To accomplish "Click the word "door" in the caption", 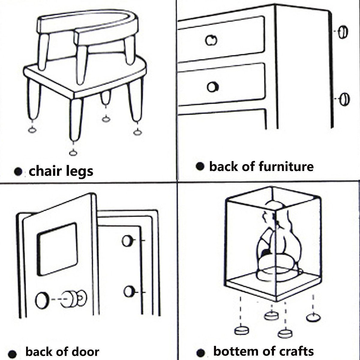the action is tap(85, 351).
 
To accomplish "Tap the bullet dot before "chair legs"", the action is tap(19, 172).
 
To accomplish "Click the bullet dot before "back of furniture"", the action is tap(200, 166).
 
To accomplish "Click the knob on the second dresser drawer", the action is tap(212, 87).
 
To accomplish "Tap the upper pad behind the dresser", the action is tap(343, 32).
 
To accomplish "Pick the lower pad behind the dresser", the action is tap(344, 99).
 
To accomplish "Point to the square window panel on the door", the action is tap(57, 249).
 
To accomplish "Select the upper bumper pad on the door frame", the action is tap(127, 241).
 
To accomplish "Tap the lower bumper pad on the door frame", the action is tap(129, 291).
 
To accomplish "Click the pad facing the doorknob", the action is tap(42, 300).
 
